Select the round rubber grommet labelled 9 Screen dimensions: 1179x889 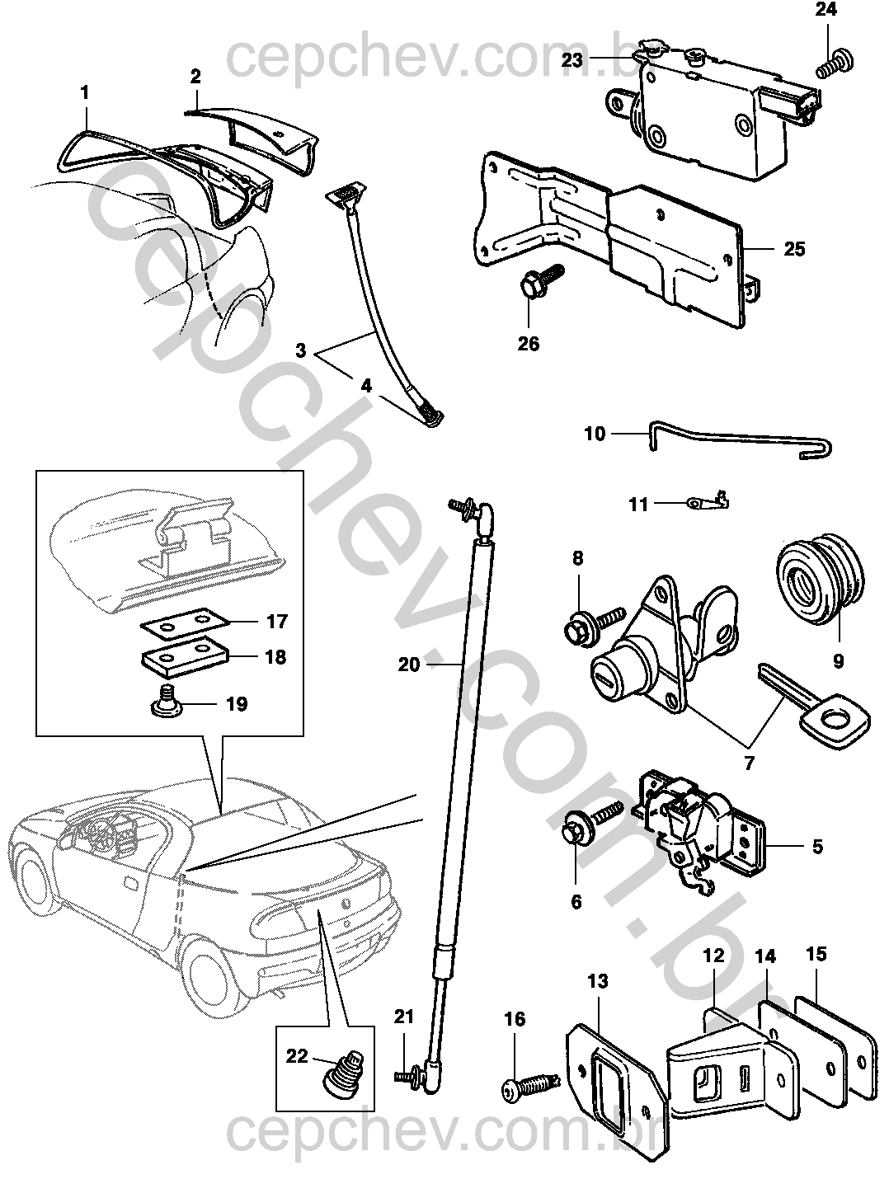[x=815, y=587]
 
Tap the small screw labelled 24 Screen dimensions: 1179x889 [x=833, y=63]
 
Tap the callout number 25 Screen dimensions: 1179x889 [x=793, y=248]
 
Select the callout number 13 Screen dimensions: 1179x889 [x=597, y=981]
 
